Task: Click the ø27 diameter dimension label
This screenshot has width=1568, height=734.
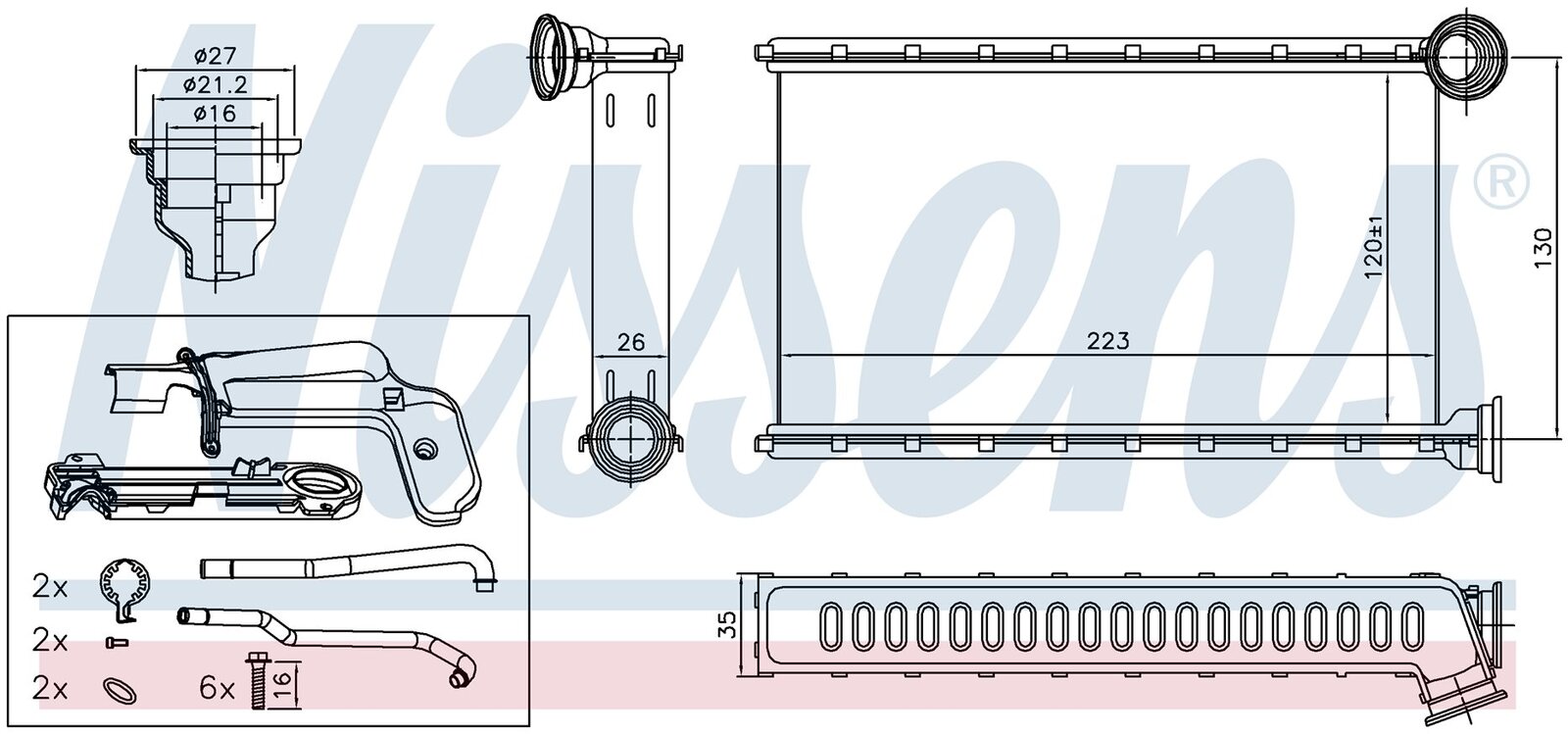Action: (x=215, y=55)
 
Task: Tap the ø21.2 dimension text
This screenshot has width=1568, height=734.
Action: (x=215, y=85)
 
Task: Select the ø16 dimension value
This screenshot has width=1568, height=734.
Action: (x=215, y=114)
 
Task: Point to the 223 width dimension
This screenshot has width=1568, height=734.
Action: (x=1108, y=341)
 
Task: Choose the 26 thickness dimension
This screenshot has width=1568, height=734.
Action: (x=630, y=341)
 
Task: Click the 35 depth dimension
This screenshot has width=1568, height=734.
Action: (x=728, y=624)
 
